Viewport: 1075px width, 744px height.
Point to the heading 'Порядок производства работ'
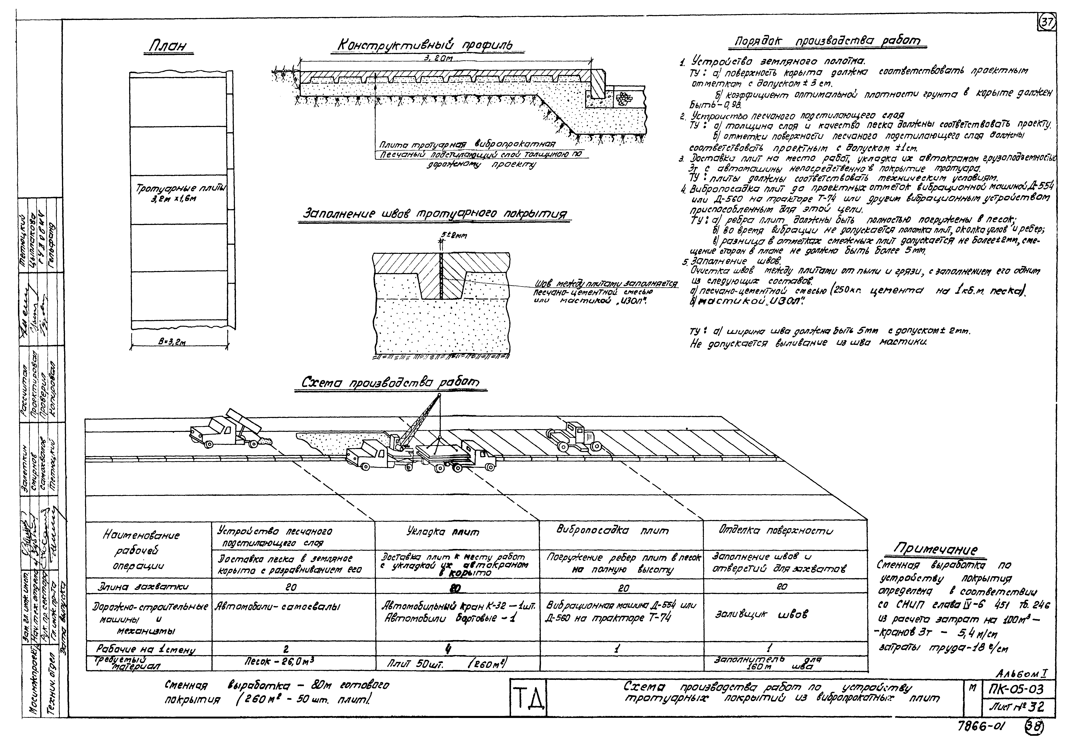827,41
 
